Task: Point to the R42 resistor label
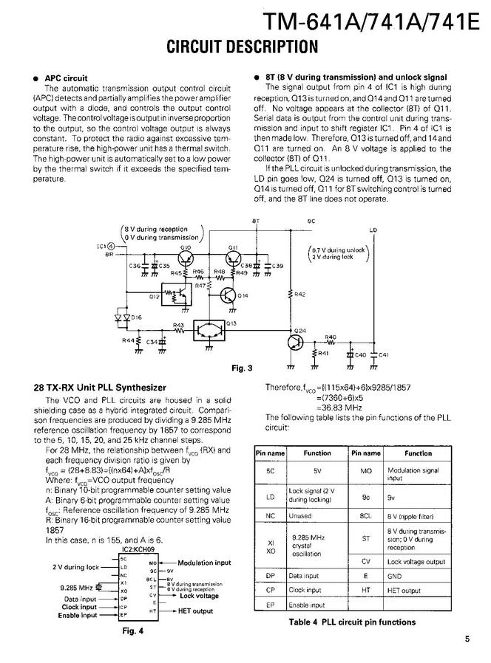(299, 295)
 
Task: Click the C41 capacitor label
(382, 355)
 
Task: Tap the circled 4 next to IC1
(111, 245)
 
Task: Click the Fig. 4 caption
(132, 631)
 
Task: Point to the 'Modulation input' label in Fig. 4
(204, 563)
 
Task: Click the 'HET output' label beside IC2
(195, 611)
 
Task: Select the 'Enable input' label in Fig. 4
(78, 615)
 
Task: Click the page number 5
(467, 640)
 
